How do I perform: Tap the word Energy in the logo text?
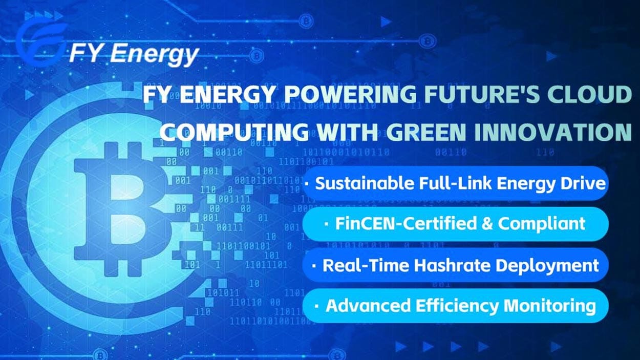point(154,53)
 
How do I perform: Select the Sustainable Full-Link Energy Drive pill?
point(456,183)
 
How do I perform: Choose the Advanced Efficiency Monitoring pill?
point(456,306)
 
